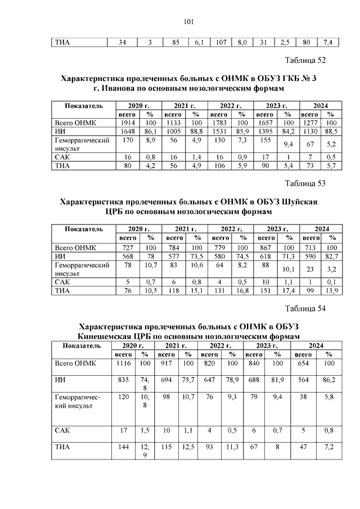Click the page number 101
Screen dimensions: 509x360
pos(188,22)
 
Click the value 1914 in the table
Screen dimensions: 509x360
pos(127,123)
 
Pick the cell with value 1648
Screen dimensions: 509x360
pos(127,131)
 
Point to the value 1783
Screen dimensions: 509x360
pos(219,123)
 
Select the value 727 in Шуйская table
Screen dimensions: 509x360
pos(127,247)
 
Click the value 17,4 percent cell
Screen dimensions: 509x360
pos(287,290)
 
